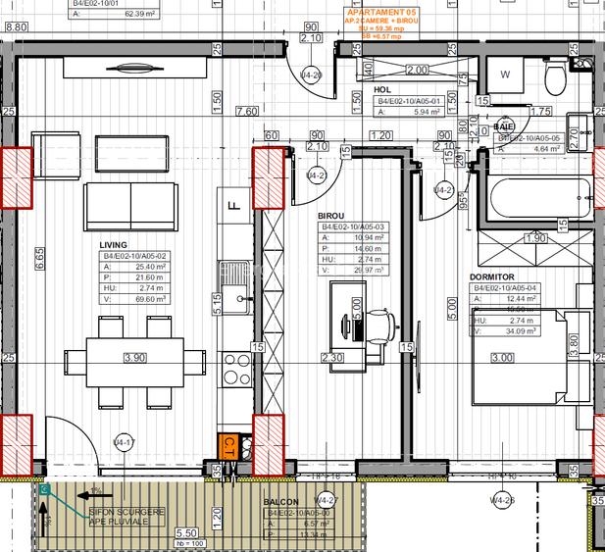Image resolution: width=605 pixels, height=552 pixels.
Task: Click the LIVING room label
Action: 115,245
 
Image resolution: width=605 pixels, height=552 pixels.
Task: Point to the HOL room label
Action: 382,88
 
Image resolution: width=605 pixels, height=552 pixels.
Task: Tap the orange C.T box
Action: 227,446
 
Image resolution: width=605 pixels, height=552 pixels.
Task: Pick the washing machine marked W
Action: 507,75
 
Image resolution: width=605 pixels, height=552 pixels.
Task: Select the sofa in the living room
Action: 133,203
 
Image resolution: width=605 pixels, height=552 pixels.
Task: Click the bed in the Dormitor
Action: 529,358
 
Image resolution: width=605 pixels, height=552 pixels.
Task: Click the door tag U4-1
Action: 124,441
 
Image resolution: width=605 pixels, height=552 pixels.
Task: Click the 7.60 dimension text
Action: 246,111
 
